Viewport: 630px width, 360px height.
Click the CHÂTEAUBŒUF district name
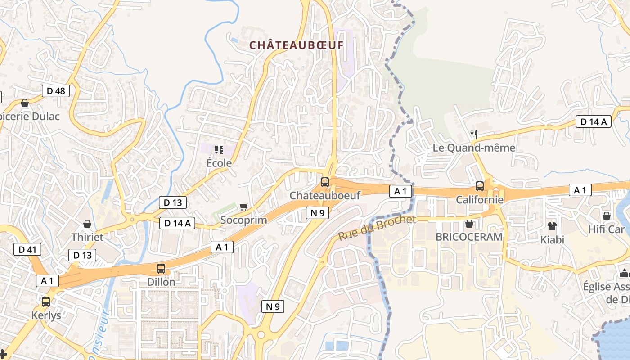(x=297, y=45)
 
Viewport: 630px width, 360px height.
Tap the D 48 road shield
(x=56, y=91)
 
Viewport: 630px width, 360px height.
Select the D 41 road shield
(x=27, y=249)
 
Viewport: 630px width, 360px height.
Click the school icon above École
(x=219, y=150)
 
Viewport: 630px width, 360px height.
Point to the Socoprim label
(x=243, y=220)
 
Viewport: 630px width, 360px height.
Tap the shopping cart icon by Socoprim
(x=243, y=207)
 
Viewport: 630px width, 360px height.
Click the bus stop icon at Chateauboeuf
(x=324, y=182)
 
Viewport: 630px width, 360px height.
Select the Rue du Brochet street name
(x=377, y=228)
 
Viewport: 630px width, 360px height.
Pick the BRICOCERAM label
(x=469, y=237)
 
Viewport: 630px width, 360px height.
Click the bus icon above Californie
(x=480, y=186)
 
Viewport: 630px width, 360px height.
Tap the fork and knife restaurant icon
(x=473, y=134)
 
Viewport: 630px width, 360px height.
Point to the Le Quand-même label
(x=474, y=148)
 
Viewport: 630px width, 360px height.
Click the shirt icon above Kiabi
(x=552, y=226)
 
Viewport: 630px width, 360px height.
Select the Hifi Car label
(x=607, y=229)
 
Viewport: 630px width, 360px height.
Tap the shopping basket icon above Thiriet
(x=87, y=224)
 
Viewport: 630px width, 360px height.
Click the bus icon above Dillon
(x=161, y=269)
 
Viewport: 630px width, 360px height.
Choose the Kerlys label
(x=46, y=315)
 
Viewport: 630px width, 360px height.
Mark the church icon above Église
(x=624, y=273)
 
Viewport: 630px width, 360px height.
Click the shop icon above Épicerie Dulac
(x=25, y=103)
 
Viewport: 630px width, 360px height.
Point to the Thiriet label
(x=87, y=237)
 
